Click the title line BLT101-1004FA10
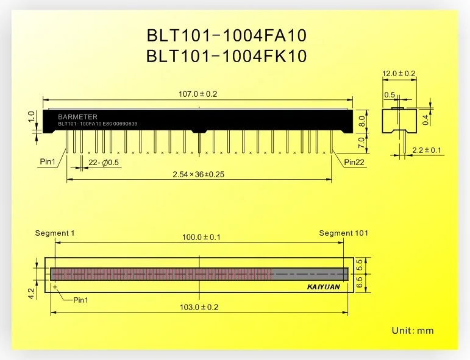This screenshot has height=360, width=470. [226, 36]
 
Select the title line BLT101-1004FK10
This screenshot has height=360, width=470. [226, 56]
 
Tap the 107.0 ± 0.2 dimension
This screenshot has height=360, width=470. [198, 94]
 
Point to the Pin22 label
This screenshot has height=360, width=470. [355, 162]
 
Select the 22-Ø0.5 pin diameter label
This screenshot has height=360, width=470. [104, 163]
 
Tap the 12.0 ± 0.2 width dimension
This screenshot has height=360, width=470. [399, 73]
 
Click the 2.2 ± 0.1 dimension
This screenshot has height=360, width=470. [427, 150]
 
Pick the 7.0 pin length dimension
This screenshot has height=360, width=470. [361, 143]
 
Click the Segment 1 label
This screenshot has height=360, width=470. [55, 233]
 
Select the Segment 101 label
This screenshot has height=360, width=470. [343, 233]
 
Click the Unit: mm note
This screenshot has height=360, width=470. [412, 331]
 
